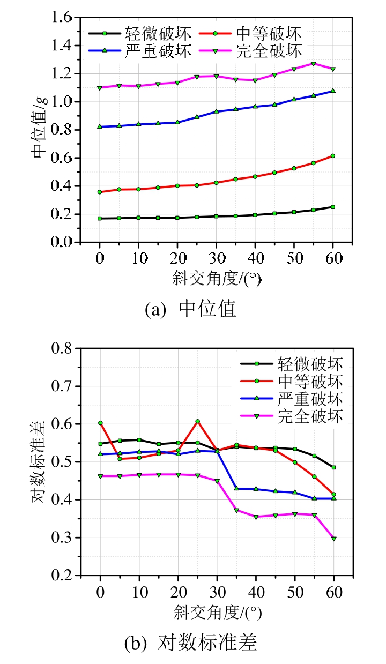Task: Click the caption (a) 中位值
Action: [x=191, y=309]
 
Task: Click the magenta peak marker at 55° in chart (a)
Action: [x=313, y=64]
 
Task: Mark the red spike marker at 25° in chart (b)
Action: [x=197, y=421]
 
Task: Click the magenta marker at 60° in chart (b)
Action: [x=333, y=539]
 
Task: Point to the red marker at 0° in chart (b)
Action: [x=100, y=423]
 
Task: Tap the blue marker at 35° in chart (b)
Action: [x=236, y=488]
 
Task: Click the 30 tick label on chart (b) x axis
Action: [x=217, y=593]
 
